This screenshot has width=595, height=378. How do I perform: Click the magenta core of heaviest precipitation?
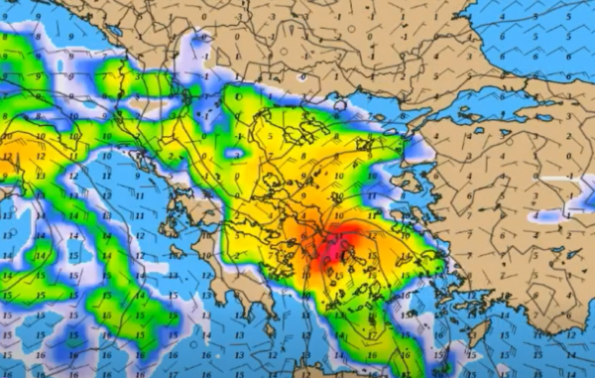[332, 248]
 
